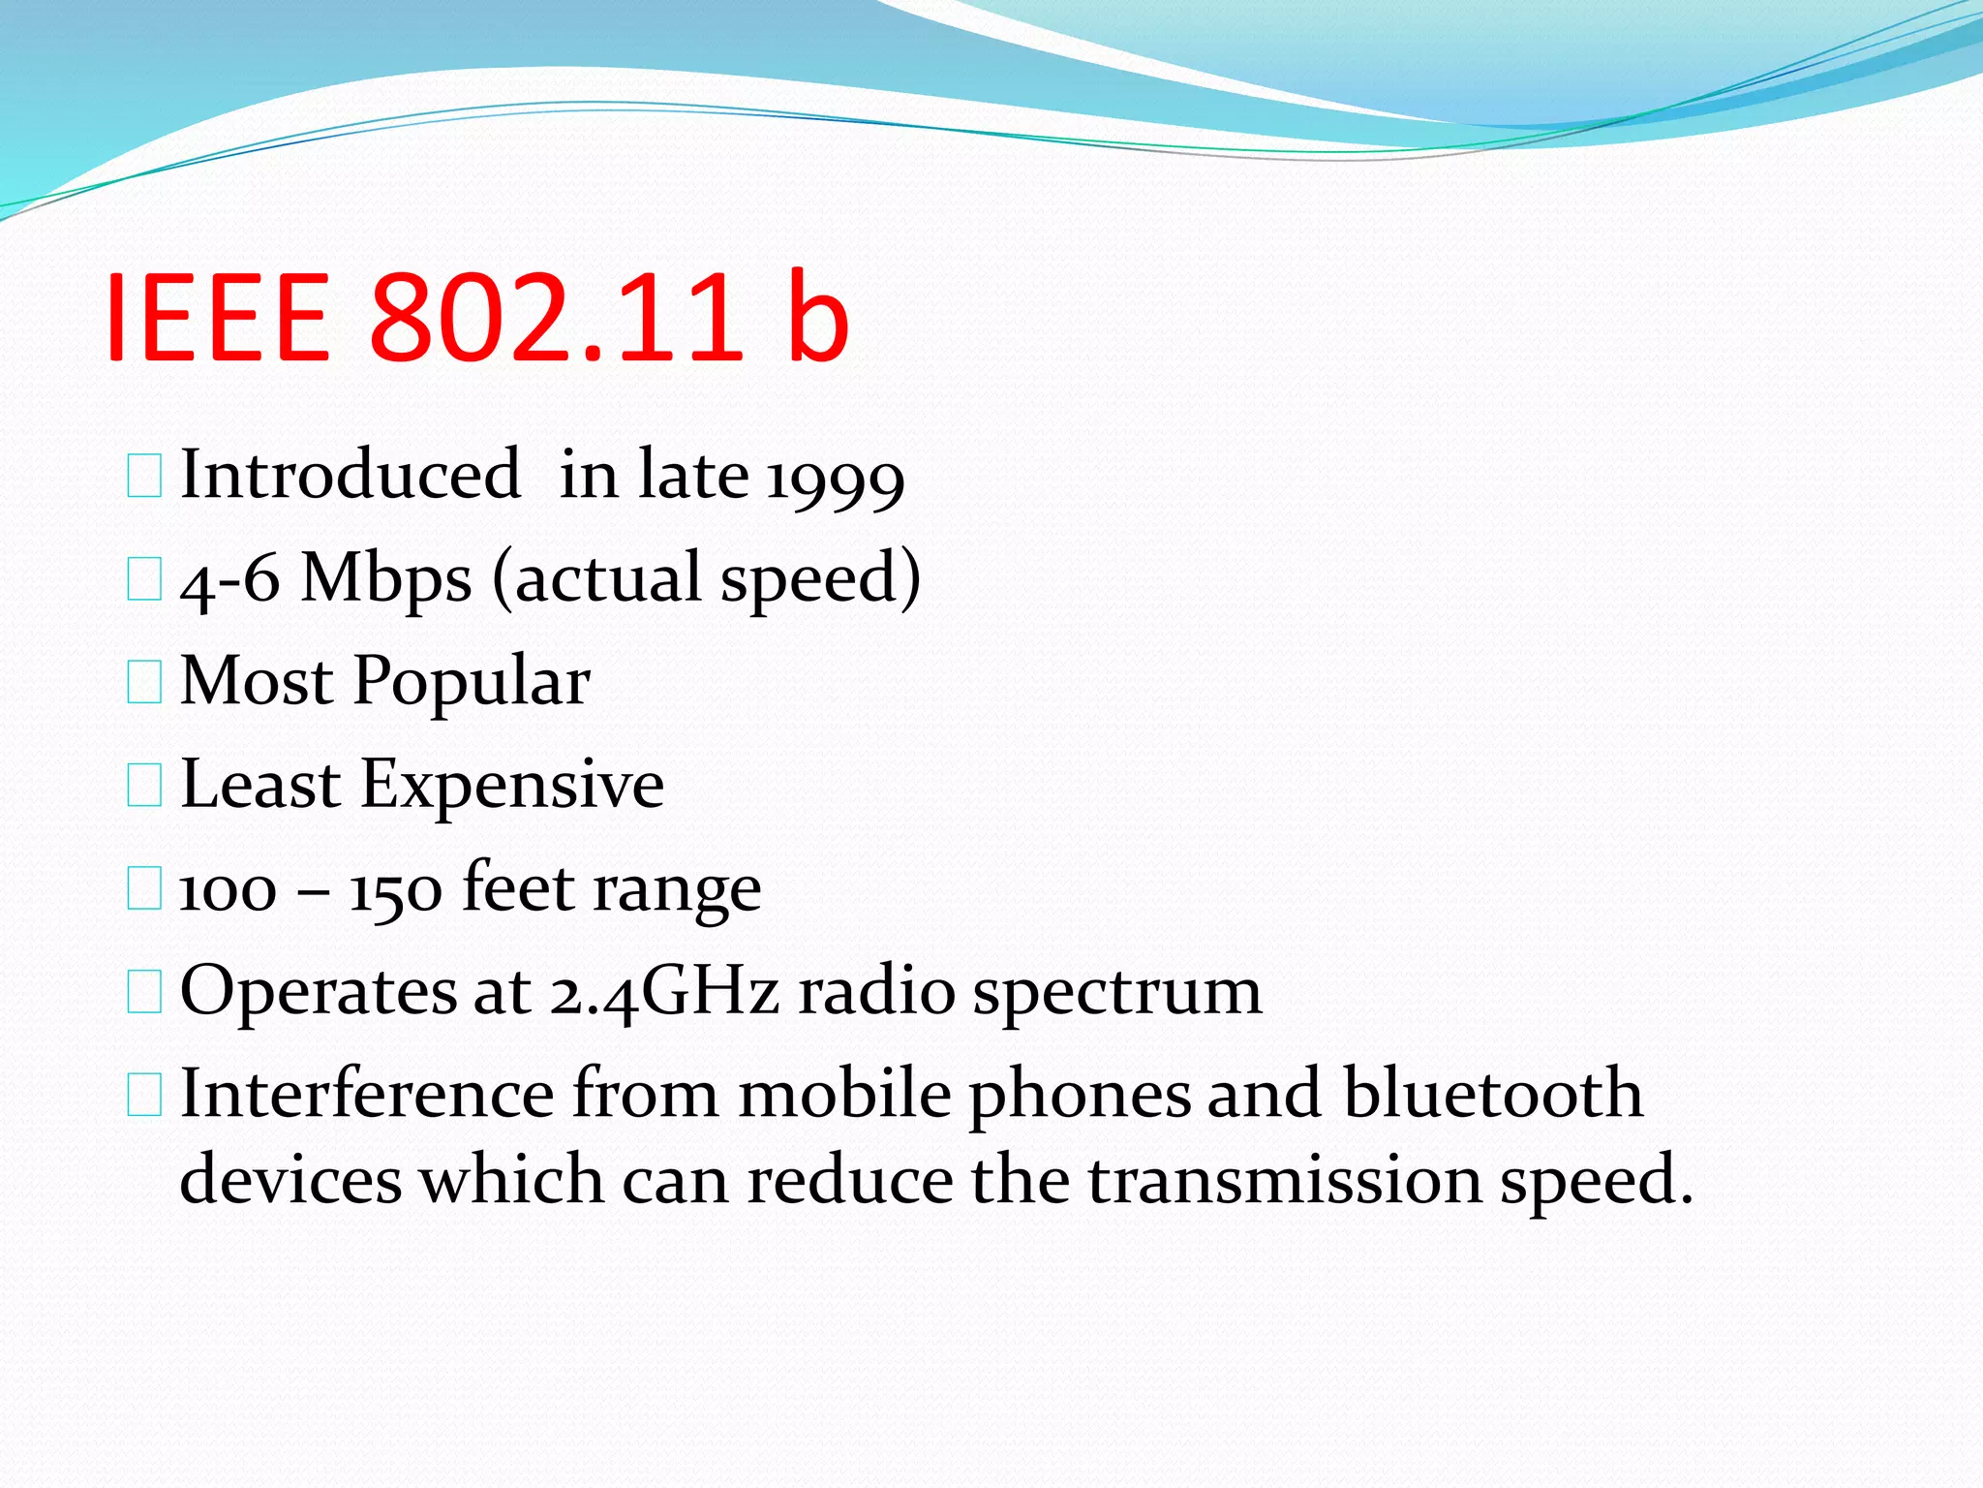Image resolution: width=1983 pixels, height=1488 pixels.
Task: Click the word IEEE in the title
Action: [218, 318]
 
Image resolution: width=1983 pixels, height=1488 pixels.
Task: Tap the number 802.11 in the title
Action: [555, 318]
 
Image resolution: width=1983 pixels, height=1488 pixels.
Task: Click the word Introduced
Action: [351, 475]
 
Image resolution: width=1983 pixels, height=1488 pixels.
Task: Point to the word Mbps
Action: [386, 579]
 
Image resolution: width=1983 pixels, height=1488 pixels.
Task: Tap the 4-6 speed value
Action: [230, 581]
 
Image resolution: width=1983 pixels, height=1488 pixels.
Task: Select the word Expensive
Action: [512, 785]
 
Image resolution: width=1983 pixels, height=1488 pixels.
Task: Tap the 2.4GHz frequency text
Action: [665, 992]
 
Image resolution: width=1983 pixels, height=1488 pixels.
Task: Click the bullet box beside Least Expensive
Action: [144, 786]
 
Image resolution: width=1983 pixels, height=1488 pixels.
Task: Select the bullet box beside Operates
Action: [144, 993]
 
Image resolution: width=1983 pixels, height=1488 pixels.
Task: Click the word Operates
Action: [319, 993]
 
